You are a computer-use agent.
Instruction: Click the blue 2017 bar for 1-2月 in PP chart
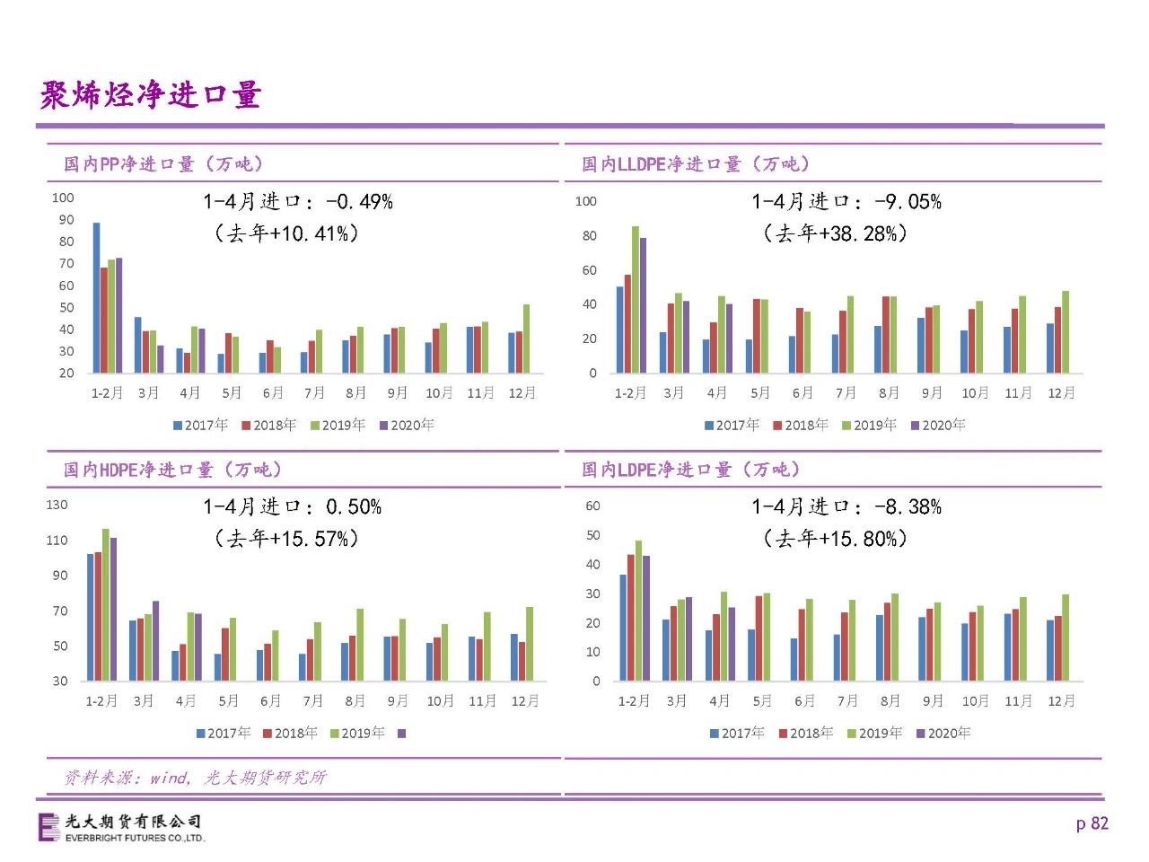pos(96,298)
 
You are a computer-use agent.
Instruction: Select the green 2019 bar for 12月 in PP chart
pos(526,339)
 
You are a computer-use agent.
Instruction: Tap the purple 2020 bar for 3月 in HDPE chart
pos(155,640)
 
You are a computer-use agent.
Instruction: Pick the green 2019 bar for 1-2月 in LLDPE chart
pos(636,299)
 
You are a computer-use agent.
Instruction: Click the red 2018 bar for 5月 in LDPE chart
pos(759,638)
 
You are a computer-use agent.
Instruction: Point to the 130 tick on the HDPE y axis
pos(57,505)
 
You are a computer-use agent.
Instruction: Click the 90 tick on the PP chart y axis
pos(66,220)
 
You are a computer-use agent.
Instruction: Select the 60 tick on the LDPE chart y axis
pos(592,506)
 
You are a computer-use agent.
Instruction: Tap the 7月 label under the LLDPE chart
pos(846,392)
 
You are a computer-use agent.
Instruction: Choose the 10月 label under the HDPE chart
pos(440,700)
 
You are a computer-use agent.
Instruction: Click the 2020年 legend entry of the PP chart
pos(407,425)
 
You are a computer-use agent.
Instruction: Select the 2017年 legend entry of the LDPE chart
pos(737,734)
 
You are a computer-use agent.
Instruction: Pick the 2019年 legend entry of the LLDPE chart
pos(869,425)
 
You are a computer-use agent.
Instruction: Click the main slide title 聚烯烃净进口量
pos(151,95)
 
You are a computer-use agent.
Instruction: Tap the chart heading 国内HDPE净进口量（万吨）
pos(172,470)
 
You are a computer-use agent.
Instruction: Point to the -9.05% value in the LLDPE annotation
pos(908,201)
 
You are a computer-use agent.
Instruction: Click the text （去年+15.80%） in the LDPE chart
pos(836,539)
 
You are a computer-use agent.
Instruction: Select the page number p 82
pos(1092,823)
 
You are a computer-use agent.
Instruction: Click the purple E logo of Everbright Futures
pos(49,828)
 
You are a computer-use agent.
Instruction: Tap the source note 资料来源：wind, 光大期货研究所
pos(196,778)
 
